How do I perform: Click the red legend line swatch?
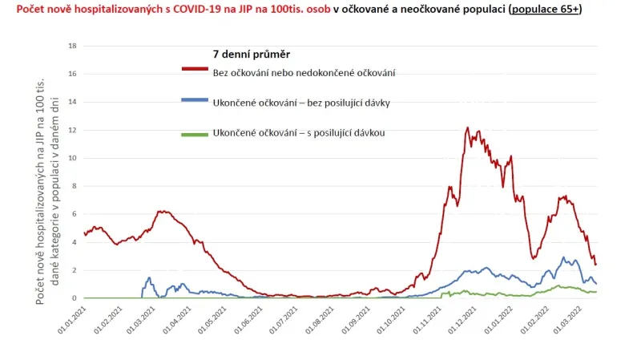(x=196, y=69)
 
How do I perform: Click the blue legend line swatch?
(x=196, y=99)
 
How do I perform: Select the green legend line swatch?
(x=196, y=134)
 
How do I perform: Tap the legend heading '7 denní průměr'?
(x=251, y=55)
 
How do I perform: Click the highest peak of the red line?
(x=467, y=127)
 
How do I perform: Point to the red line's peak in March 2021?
(x=163, y=211)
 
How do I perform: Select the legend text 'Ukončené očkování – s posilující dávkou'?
(x=299, y=133)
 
